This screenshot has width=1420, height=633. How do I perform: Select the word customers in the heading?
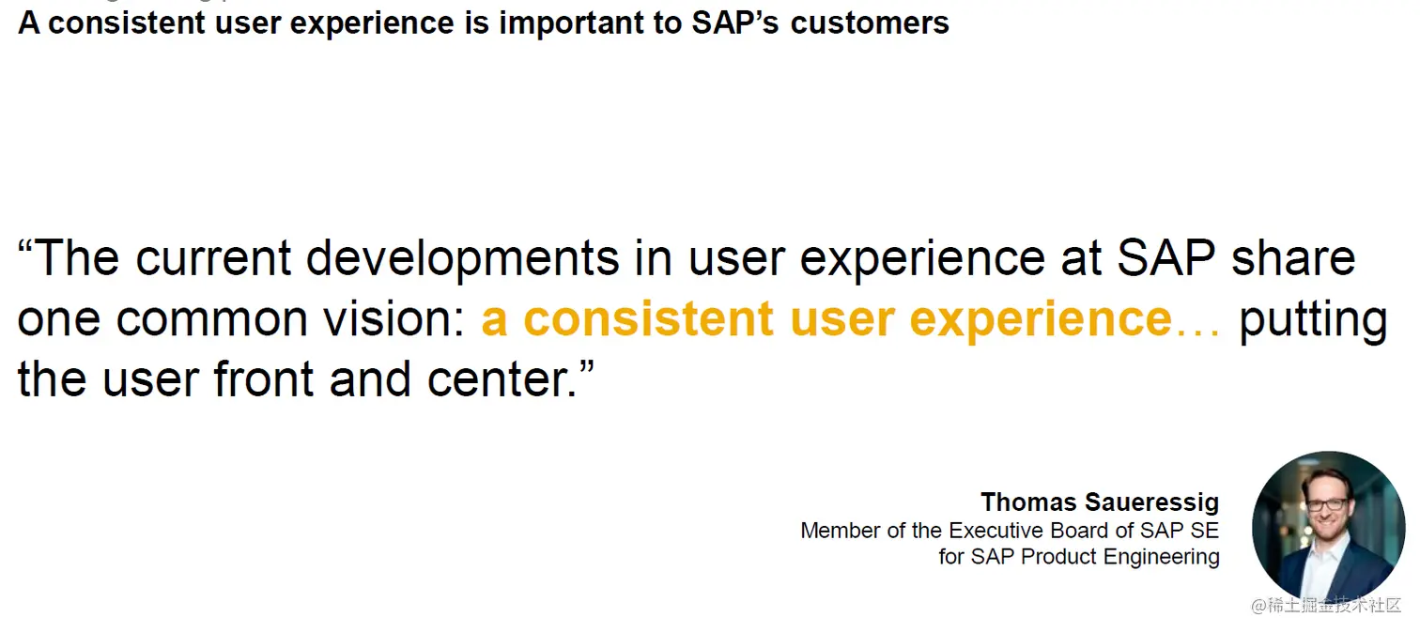[869, 23]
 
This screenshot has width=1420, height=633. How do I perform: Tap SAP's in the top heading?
[734, 23]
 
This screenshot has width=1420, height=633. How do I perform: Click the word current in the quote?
[213, 258]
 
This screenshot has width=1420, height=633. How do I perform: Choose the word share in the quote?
[1293, 257]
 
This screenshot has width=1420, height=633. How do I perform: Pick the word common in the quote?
[211, 319]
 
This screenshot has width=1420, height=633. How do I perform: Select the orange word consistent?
[648, 318]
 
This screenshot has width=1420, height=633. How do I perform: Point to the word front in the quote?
[264, 378]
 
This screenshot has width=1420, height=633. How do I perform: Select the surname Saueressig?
[1151, 502]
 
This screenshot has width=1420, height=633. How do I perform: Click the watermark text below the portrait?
[1325, 606]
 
